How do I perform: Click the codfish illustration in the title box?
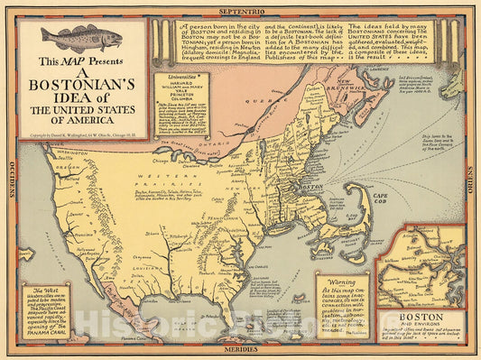[x=80, y=39]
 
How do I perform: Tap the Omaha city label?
[x=174, y=207]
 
